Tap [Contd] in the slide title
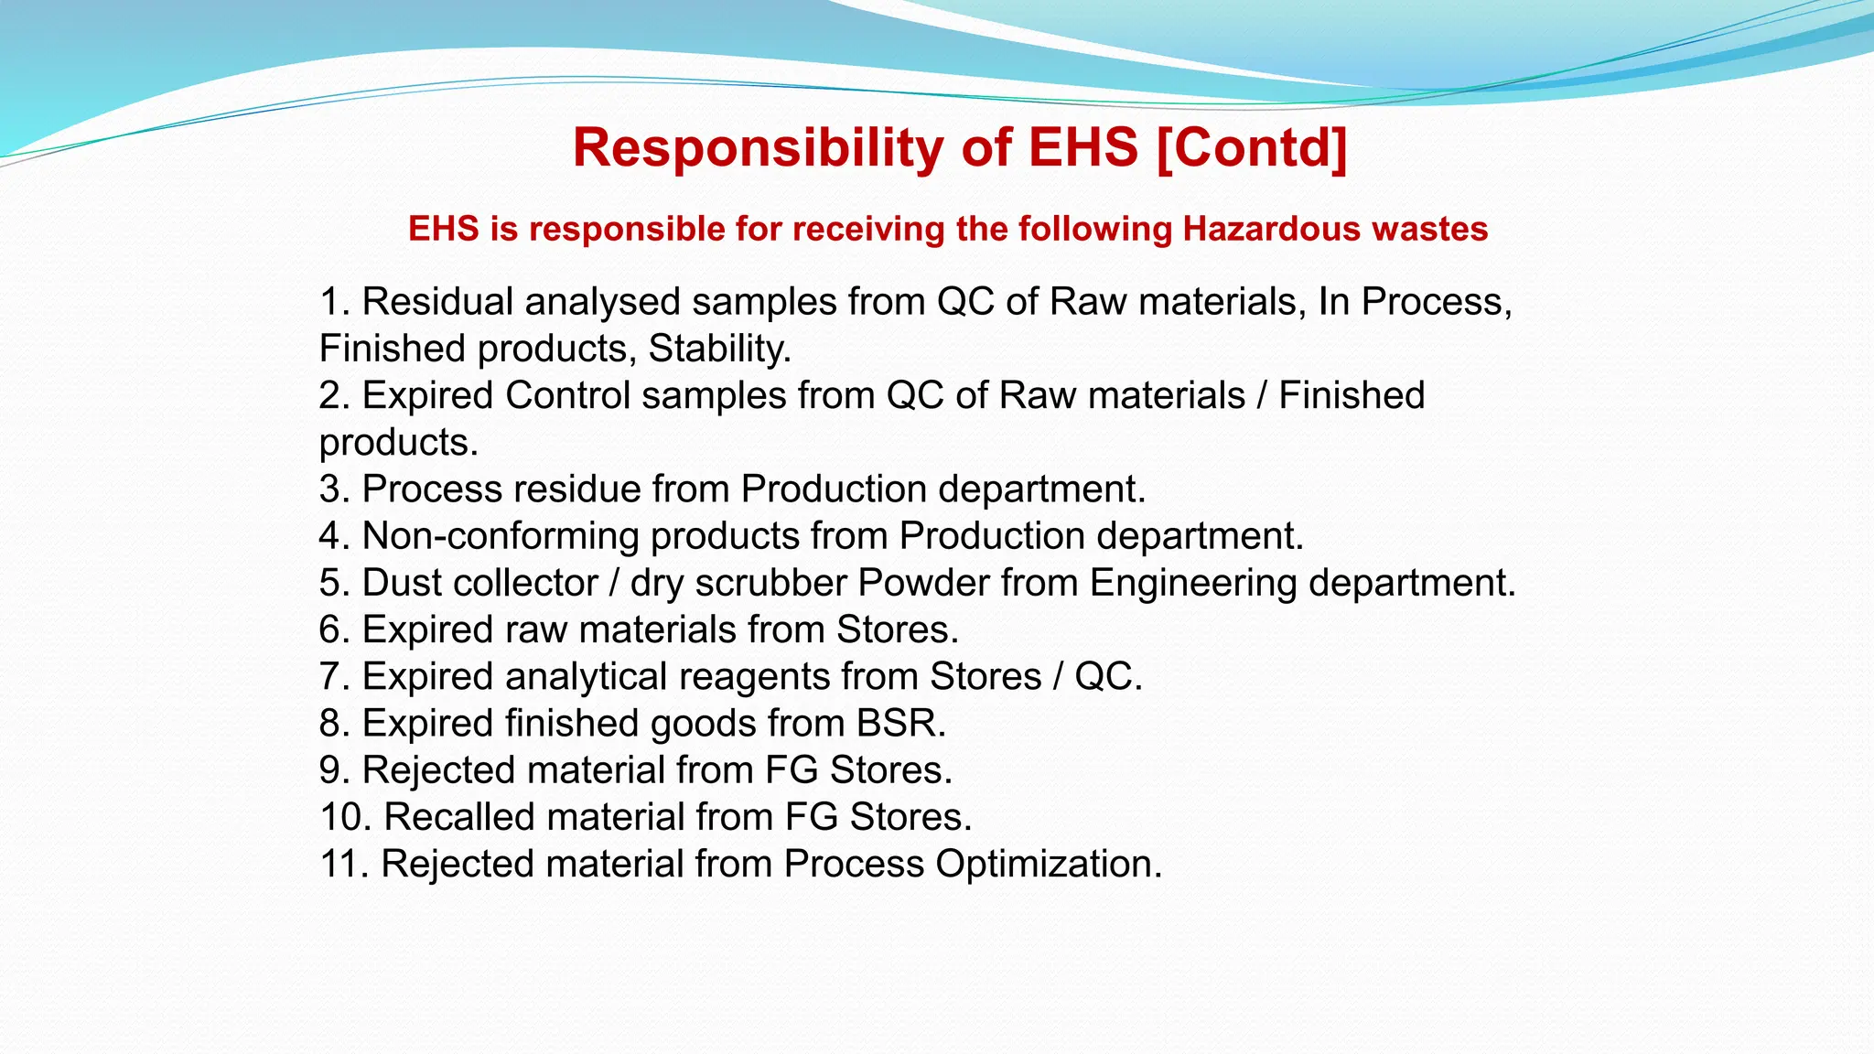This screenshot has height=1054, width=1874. click(1252, 148)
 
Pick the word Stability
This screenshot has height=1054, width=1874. click(719, 349)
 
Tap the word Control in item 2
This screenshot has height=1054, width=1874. click(567, 395)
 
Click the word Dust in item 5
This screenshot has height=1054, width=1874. click(401, 583)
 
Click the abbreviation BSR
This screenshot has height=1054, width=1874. click(900, 724)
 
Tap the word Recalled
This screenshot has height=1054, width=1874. click(457, 817)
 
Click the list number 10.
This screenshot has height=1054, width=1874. click(344, 817)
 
